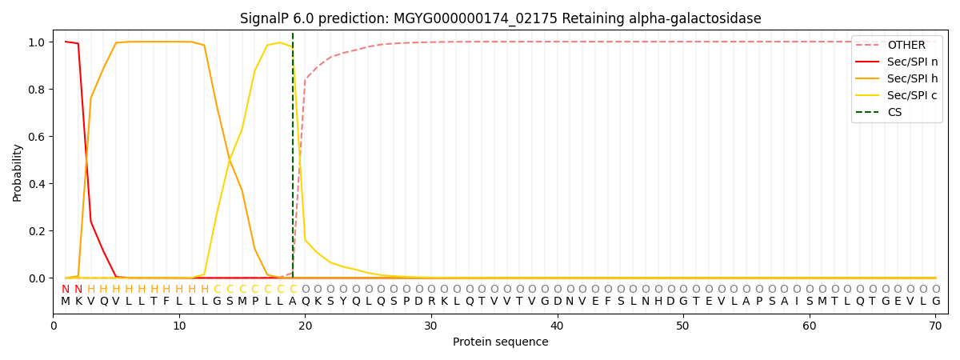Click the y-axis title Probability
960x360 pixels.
tap(18, 172)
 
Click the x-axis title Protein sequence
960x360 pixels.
tap(500, 342)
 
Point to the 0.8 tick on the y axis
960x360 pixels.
tap(38, 89)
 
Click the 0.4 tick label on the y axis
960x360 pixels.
tap(38, 184)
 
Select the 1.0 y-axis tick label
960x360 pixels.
tap(38, 42)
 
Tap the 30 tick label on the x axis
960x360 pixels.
tap(431, 326)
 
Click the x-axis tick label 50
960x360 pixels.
tap(683, 326)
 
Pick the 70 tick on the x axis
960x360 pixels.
tap(935, 326)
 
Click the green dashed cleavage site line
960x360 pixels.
tap(293, 160)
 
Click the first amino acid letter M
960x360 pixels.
tap(66, 302)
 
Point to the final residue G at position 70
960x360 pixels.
tap(935, 302)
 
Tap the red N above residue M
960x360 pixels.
tap(66, 290)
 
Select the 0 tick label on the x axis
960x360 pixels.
tap(54, 326)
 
